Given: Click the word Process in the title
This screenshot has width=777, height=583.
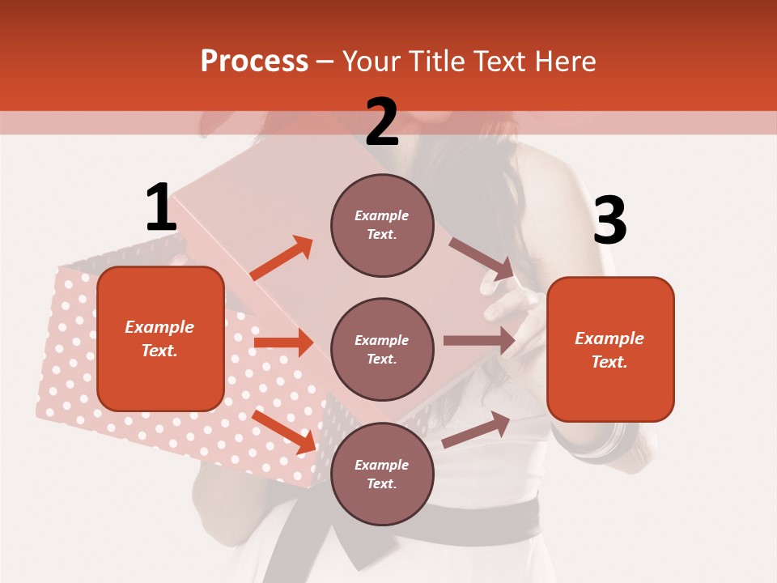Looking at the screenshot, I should click(x=254, y=62).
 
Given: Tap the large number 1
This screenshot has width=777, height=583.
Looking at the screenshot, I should click(x=161, y=208).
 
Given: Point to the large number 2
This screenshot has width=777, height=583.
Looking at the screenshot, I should click(x=382, y=122).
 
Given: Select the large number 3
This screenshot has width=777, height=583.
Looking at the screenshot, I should click(x=609, y=221).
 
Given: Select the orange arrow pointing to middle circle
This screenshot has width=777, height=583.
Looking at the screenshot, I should click(x=283, y=343).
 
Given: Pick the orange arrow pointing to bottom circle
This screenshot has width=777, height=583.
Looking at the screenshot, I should click(x=284, y=432).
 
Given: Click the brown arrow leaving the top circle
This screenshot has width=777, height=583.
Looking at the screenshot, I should click(x=482, y=258).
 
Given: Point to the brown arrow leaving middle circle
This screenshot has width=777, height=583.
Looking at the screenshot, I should click(x=479, y=341).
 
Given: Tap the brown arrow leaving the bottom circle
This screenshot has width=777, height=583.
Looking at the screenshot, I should click(x=476, y=429).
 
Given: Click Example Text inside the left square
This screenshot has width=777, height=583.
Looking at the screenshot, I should click(x=160, y=338).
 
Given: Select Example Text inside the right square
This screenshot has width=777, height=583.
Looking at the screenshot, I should click(x=610, y=350).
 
